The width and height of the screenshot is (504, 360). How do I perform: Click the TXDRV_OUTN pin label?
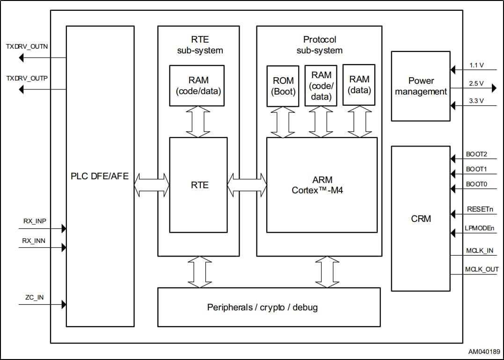(27, 47)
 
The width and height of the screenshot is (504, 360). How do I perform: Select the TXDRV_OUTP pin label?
(27, 78)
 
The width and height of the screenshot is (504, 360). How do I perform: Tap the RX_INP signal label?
(34, 221)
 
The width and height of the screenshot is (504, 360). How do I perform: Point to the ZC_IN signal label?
(35, 297)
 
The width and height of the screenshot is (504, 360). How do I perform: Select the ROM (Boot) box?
(283, 87)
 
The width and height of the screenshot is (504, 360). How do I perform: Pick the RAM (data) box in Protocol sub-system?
(359, 85)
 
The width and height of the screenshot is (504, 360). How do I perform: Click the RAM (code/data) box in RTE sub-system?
(198, 86)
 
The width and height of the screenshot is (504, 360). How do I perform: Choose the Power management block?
(421, 86)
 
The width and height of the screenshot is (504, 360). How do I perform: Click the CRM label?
(421, 219)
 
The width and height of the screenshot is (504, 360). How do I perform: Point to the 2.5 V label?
(476, 83)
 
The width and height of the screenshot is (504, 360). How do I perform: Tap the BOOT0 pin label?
(476, 184)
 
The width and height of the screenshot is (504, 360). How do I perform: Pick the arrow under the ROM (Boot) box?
(283, 122)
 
